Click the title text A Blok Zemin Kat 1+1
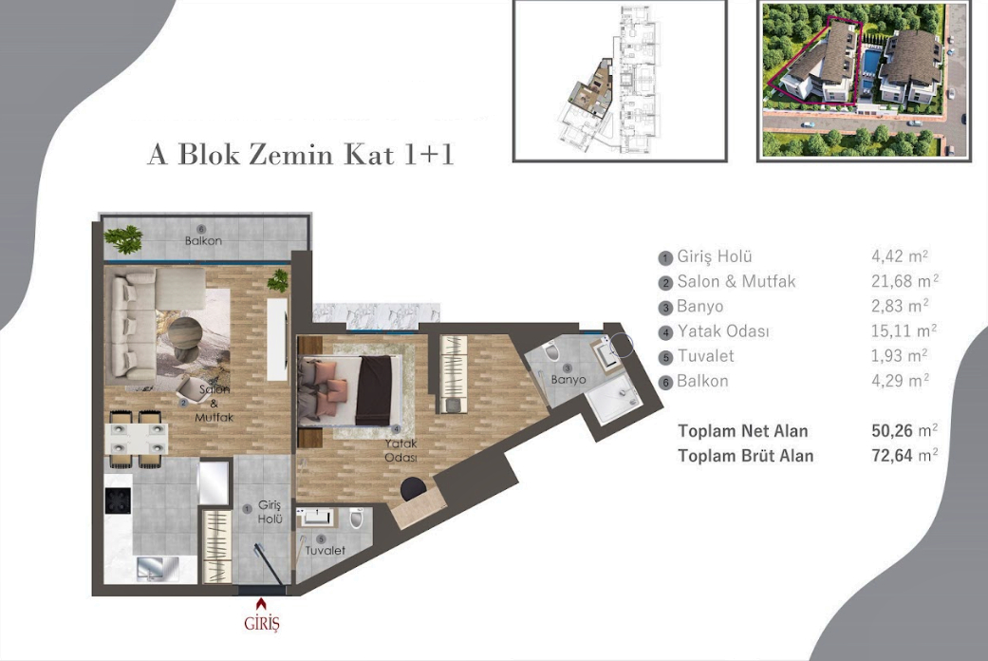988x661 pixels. pyautogui.click(x=300, y=154)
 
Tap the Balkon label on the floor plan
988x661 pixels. pyautogui.click(x=203, y=241)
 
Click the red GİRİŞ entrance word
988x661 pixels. pyautogui.click(x=262, y=624)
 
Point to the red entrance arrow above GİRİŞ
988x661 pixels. pyautogui.click(x=262, y=603)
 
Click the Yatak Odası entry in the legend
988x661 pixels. pyautogui.click(x=723, y=331)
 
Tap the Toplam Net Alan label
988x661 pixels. pyautogui.click(x=743, y=430)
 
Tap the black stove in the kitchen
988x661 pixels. pyautogui.click(x=117, y=500)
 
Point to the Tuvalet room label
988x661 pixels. pyautogui.click(x=325, y=551)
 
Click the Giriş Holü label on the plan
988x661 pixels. pyautogui.click(x=270, y=514)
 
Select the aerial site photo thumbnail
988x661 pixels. pyautogui.click(x=863, y=80)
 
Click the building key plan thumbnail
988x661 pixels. pyautogui.click(x=620, y=80)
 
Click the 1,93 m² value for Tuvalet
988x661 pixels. pyautogui.click(x=899, y=356)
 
